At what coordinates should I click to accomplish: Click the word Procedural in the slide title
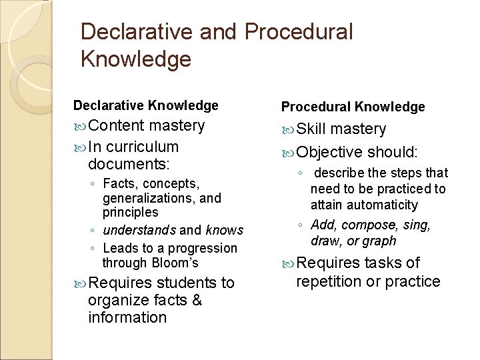299,31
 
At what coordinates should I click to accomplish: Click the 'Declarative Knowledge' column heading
145,105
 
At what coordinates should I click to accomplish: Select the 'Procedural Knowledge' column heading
353,107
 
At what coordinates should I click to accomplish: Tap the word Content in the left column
116,125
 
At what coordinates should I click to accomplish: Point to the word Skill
311,129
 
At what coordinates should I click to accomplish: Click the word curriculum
142,147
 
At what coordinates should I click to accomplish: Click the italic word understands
139,230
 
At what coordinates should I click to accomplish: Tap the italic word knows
225,230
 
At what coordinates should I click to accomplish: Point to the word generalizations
153,198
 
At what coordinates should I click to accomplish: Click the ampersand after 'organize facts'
196,300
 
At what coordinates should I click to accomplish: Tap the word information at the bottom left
127,317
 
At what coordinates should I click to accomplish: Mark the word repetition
330,281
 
